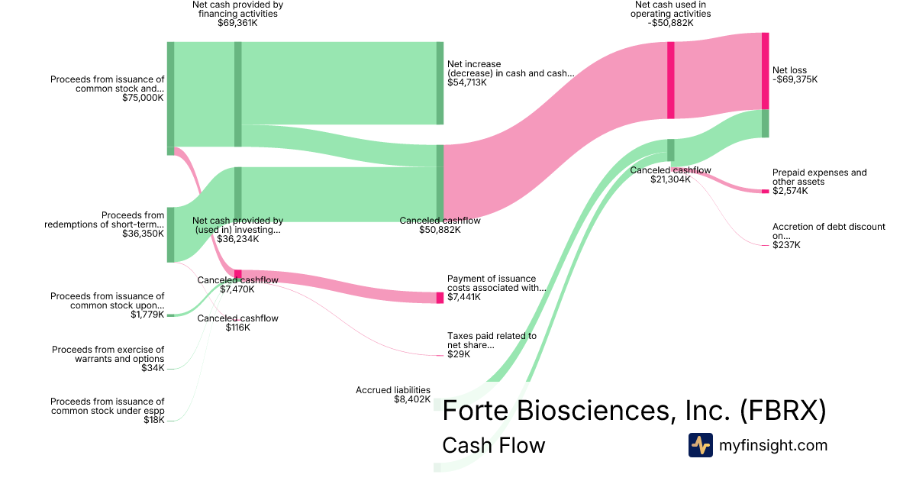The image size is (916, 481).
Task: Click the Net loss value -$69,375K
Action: click(x=795, y=79)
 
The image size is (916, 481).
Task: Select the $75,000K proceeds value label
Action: click(x=143, y=98)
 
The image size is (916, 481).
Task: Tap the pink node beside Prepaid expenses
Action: click(x=765, y=191)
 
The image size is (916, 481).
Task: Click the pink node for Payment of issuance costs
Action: click(x=440, y=298)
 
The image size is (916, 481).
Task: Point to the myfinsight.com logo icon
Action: click(x=700, y=445)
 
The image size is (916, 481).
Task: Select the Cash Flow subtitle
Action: click(x=493, y=445)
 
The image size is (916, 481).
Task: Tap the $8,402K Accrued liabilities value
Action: click(x=412, y=399)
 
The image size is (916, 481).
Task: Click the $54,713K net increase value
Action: click(x=467, y=82)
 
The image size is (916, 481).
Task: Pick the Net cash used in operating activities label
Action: click(x=663, y=13)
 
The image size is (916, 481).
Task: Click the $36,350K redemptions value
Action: click(x=143, y=234)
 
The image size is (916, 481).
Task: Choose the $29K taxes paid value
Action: click(x=459, y=354)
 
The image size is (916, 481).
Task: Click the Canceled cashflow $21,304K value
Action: click(x=670, y=179)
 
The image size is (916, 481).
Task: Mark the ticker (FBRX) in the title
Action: click(x=783, y=411)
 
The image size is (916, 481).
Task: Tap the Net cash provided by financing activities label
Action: click(x=237, y=13)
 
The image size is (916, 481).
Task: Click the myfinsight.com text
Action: click(x=773, y=445)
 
